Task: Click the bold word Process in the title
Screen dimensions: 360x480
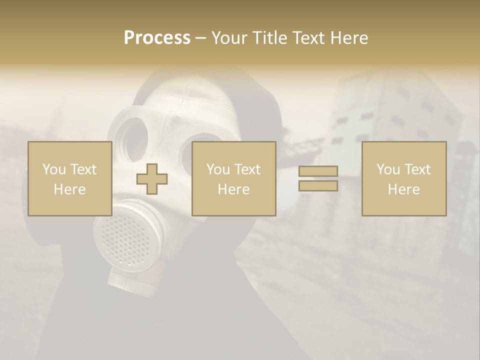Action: (157, 38)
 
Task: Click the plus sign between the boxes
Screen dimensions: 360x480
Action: (152, 179)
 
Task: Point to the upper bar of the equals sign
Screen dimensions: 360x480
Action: (318, 171)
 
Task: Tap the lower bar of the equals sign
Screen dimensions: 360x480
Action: (318, 185)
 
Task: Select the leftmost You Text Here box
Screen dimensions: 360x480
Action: (69, 178)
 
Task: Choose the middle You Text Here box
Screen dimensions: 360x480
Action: (233, 178)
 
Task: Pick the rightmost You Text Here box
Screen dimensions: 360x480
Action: (403, 178)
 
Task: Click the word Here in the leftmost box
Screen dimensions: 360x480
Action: (69, 189)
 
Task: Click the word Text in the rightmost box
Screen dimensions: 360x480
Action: (416, 169)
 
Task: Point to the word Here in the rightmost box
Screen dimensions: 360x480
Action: (403, 189)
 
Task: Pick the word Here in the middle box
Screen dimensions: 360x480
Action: (233, 189)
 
